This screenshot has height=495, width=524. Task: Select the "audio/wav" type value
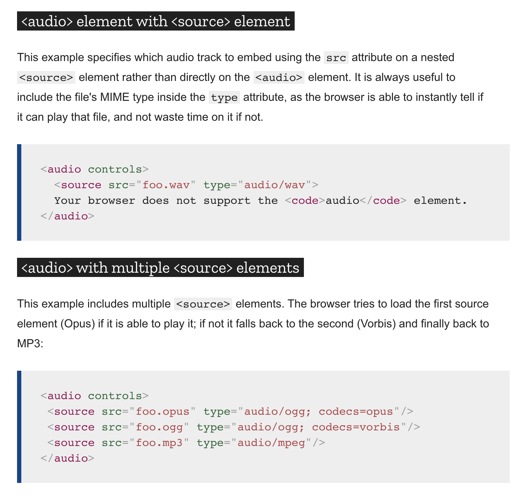pyautogui.click(x=274, y=185)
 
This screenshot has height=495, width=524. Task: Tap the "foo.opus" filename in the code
pyautogui.click(x=163, y=412)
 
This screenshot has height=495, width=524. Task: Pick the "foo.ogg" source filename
pyautogui.click(x=159, y=427)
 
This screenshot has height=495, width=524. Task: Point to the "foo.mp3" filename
pyautogui.click(x=159, y=443)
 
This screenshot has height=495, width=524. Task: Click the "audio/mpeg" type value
pyautogui.click(x=271, y=443)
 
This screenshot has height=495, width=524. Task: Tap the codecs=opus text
pyautogui.click(x=356, y=412)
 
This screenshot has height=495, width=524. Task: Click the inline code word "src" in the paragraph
pyautogui.click(x=336, y=58)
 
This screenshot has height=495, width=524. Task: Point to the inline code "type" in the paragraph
pyautogui.click(x=224, y=98)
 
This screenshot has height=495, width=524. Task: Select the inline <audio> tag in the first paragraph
pyautogui.click(x=279, y=78)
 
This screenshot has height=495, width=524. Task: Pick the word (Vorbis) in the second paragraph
pyautogui.click(x=376, y=324)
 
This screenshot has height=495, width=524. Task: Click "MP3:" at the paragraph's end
pyautogui.click(x=30, y=344)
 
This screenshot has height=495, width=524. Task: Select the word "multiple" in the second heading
pyautogui.click(x=141, y=268)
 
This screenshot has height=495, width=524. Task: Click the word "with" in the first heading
pyautogui.click(x=152, y=21)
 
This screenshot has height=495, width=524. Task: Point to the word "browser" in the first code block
pyautogui.click(x=111, y=201)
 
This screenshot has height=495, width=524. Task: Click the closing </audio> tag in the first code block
pyautogui.click(x=67, y=216)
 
